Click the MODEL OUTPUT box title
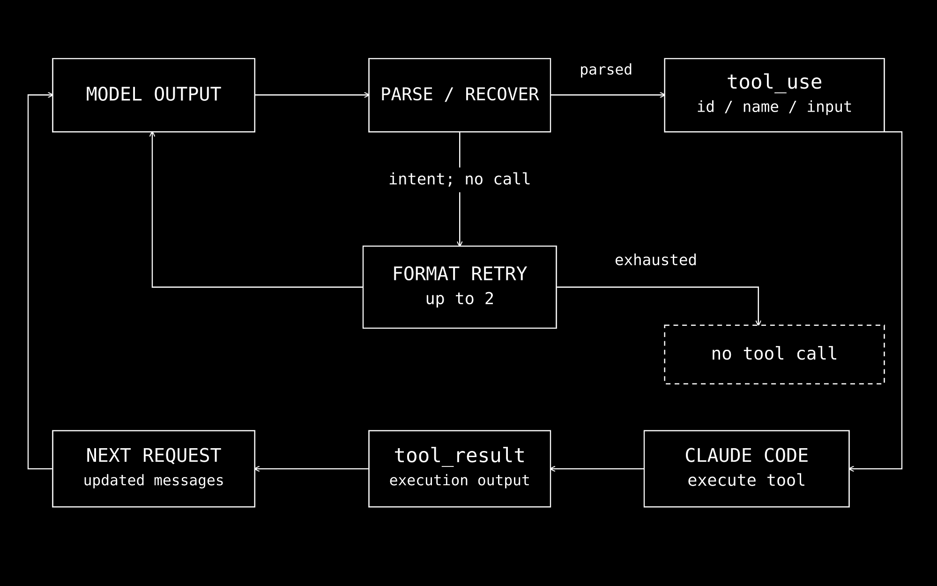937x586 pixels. pos(154,95)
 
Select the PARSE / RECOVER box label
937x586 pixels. pos(460,95)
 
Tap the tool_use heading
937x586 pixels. pos(774,83)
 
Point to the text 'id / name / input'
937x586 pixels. pos(774,107)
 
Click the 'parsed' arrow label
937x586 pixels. pos(606,70)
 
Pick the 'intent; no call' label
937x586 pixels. pos(460,179)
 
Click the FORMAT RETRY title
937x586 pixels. pos(460,274)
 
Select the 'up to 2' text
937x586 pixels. pos(460,299)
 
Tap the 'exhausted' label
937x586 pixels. pos(656,260)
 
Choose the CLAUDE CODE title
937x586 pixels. pos(747,456)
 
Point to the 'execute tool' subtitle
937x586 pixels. pos(747,481)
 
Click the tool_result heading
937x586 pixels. pos(460,456)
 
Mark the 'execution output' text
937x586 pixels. pos(460,481)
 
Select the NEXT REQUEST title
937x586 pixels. pos(154,456)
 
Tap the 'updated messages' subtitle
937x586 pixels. pos(154,481)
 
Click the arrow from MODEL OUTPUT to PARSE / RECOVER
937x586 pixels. pos(312,95)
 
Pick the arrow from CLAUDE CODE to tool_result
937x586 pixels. pos(597,469)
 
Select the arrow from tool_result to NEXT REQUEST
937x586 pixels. pos(312,469)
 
